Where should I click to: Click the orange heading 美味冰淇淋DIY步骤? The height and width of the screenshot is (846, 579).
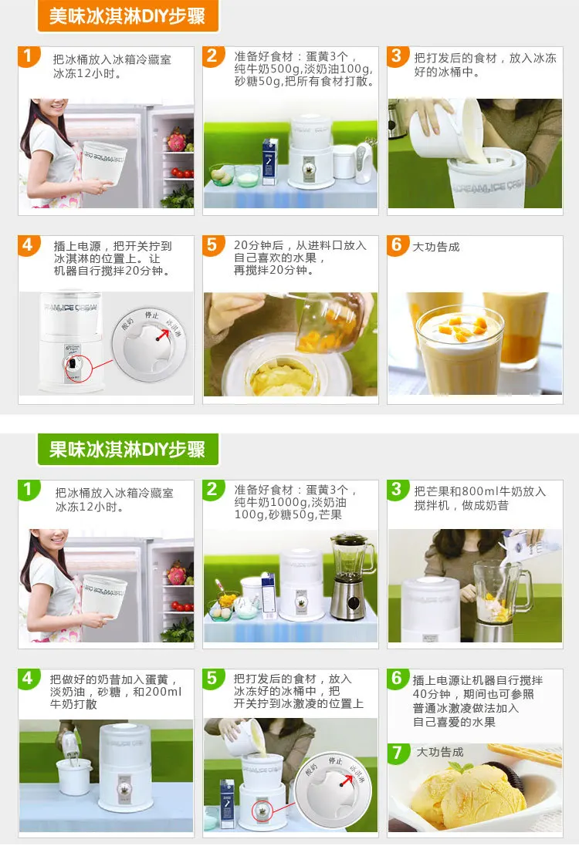[127, 16]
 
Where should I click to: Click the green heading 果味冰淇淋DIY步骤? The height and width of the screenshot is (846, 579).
[127, 449]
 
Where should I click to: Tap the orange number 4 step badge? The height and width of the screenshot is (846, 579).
[28, 245]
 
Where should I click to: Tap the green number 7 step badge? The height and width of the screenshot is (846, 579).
[398, 753]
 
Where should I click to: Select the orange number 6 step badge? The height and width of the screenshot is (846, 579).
[397, 245]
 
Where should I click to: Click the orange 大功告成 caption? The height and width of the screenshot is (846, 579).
[436, 247]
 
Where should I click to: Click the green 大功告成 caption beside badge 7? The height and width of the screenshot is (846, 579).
[439, 752]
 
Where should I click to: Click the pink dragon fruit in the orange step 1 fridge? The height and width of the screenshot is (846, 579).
[177, 140]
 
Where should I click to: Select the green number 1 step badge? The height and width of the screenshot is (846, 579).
[28, 490]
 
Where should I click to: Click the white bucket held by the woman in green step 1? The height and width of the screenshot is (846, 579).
[104, 595]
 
